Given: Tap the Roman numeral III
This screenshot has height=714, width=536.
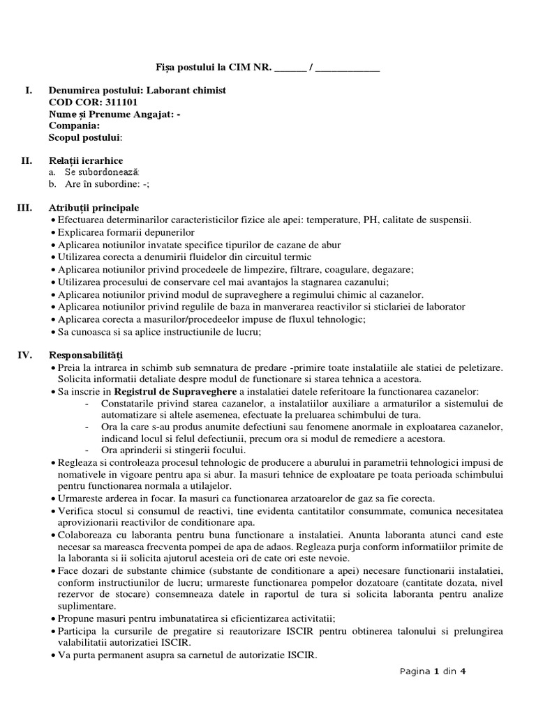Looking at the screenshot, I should (x=25, y=208).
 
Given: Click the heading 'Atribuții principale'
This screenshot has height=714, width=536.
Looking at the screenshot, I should (x=94, y=208).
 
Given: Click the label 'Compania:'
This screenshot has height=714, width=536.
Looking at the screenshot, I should (x=75, y=126).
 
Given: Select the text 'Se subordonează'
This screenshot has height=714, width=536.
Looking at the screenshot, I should (x=102, y=172).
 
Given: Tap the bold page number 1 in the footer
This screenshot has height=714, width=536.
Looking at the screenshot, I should (x=437, y=672).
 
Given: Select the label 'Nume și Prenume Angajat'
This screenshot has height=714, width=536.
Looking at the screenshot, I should (x=110, y=114).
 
